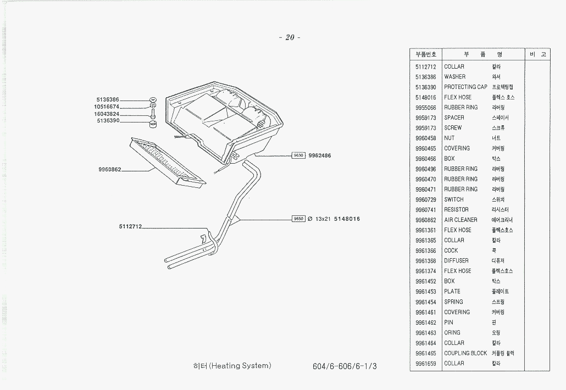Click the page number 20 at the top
point(290,38)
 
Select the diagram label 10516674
point(107,107)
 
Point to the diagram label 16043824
point(107,114)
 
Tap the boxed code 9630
point(298,155)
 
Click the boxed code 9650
point(298,219)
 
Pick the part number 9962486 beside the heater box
point(320,155)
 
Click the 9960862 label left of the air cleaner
point(110,170)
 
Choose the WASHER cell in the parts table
point(454,77)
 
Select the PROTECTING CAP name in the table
point(465,87)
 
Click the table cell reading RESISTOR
point(456,210)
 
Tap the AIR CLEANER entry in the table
point(460,220)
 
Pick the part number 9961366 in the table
point(425,250)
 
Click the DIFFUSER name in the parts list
point(456,261)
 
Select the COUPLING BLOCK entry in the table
point(465,353)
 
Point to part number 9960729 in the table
point(425,199)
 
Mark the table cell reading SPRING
point(453,302)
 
